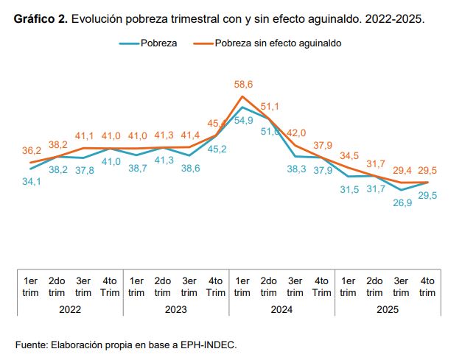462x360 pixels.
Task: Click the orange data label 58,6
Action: coord(242,85)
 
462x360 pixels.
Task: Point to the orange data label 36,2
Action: coord(30,150)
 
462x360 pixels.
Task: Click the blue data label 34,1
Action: coord(30,181)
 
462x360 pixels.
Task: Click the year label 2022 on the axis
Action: coord(70,310)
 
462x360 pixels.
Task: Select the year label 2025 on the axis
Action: coord(388,310)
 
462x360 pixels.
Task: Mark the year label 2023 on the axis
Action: coord(175,310)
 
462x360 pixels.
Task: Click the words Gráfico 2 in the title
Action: coord(41,18)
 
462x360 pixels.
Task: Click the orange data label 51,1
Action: coord(270,107)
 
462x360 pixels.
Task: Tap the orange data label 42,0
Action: coord(296,133)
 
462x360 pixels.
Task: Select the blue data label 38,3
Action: coord(296,169)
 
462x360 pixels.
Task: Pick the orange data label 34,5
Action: coord(349,155)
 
